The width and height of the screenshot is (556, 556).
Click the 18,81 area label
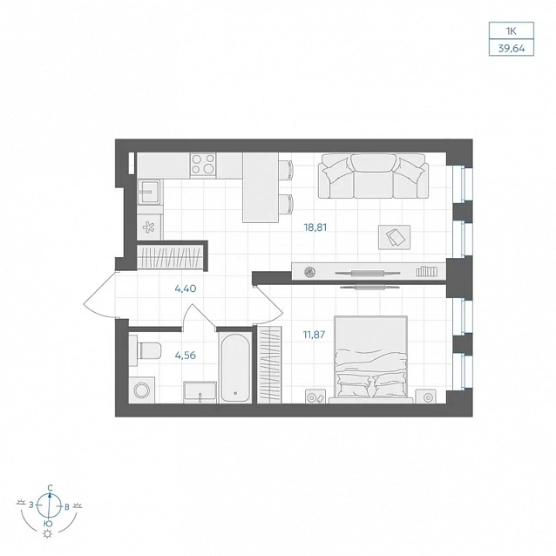[x=315, y=227]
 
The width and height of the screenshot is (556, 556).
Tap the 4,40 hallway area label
[x=186, y=288]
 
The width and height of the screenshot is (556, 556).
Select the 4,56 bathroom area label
[x=186, y=355]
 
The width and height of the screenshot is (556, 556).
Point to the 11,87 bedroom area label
[x=314, y=335]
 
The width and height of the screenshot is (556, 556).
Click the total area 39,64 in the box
[x=512, y=49]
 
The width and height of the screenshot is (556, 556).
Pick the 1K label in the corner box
[x=512, y=31]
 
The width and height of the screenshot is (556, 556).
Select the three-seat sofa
[x=373, y=176]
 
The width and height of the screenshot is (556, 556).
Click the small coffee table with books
[x=394, y=237]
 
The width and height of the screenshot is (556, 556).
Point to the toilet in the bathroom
[x=146, y=350]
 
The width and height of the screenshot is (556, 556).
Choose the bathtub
[x=235, y=368]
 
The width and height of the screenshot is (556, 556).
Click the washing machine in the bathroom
[x=142, y=390]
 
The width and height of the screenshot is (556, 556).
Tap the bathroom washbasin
[x=200, y=392]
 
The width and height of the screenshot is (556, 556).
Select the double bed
[x=371, y=359]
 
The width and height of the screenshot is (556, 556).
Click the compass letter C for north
[x=51, y=487]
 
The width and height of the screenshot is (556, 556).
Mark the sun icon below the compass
[x=47, y=534]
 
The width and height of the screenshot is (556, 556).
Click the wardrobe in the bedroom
[x=270, y=364]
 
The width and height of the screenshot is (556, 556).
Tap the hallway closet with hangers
[x=170, y=256]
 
